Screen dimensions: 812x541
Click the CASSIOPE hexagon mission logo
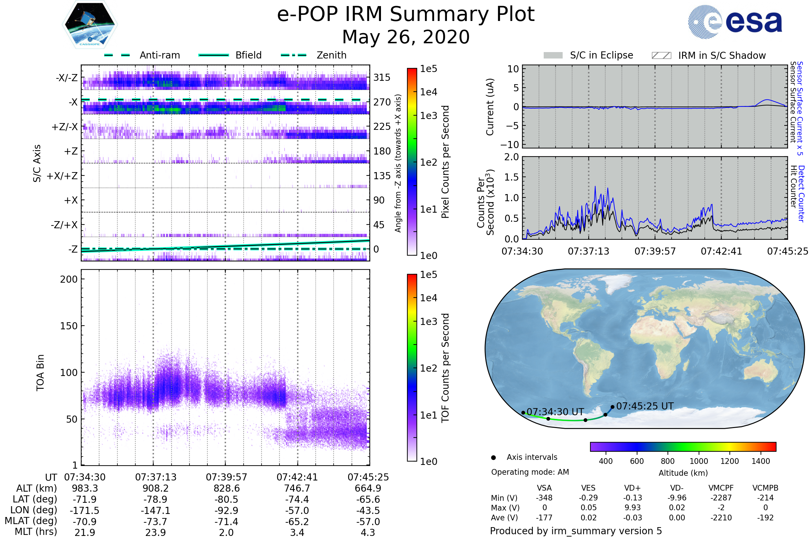(x=90, y=24)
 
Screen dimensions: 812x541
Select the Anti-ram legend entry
(x=142, y=55)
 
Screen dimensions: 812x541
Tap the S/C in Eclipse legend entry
(x=588, y=55)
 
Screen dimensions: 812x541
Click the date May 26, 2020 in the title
(x=406, y=37)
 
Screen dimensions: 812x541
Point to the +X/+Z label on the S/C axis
(x=62, y=176)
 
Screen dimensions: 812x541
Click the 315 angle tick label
(x=382, y=77)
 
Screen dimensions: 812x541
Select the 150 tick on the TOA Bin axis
(x=69, y=326)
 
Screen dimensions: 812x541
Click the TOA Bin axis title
(x=40, y=372)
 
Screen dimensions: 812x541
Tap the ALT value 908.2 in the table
(x=156, y=488)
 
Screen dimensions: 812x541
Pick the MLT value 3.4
(x=297, y=532)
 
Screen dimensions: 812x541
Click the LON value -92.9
(x=226, y=510)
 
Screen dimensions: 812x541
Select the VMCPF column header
(x=721, y=488)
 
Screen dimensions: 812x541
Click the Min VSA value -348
(x=544, y=498)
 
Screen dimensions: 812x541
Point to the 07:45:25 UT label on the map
(x=645, y=406)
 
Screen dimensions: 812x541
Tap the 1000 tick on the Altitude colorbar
(x=699, y=461)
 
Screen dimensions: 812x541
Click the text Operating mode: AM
(x=530, y=472)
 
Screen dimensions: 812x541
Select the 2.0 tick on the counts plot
(x=512, y=157)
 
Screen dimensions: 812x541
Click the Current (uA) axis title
(x=490, y=107)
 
